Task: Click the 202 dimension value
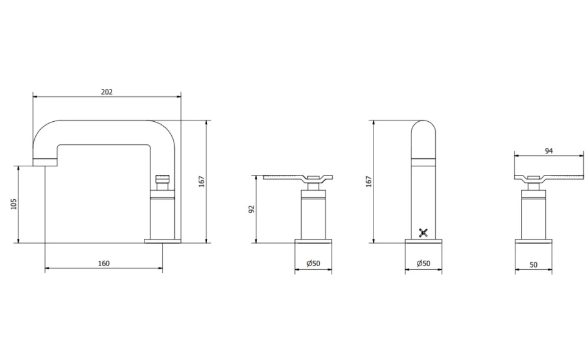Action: (106, 92)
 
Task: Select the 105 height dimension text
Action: (14, 203)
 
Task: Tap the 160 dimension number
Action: (104, 264)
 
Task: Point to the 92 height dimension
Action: (251, 209)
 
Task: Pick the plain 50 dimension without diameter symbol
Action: (533, 264)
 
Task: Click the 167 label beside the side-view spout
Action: (202, 181)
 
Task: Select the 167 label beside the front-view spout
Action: (369, 181)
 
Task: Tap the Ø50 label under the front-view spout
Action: (424, 264)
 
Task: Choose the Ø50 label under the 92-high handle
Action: (313, 264)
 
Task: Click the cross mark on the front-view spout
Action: (425, 232)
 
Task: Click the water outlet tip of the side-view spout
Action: (44, 161)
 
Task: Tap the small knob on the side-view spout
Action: (163, 180)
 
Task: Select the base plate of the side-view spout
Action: (162, 241)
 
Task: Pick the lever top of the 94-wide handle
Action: (548, 177)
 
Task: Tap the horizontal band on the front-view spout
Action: (424, 160)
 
